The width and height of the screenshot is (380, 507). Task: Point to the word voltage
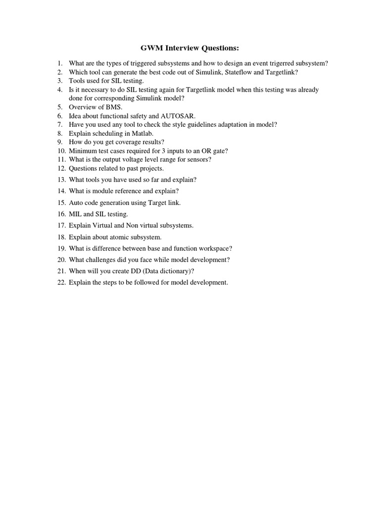pos(129,159)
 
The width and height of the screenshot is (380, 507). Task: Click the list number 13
pos(61,180)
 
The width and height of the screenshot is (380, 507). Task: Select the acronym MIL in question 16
pos(75,214)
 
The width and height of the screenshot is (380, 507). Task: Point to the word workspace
pos(214,249)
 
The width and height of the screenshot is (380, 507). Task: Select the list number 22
pos(61,283)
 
